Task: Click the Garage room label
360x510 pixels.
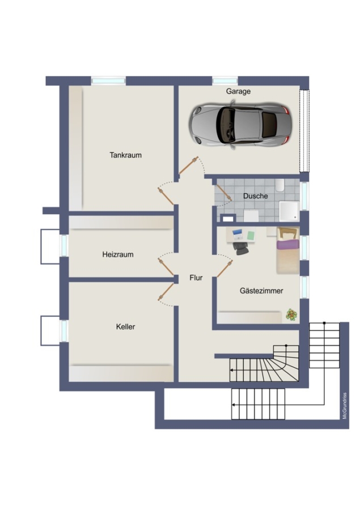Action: pyautogui.click(x=238, y=91)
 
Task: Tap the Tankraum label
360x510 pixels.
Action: pyautogui.click(x=126, y=155)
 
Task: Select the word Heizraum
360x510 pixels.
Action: pyautogui.click(x=118, y=254)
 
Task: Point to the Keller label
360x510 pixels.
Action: pyautogui.click(x=125, y=326)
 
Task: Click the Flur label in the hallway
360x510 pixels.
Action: pyautogui.click(x=196, y=278)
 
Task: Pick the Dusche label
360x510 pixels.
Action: pyautogui.click(x=256, y=196)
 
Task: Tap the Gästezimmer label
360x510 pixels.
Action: pyautogui.click(x=261, y=291)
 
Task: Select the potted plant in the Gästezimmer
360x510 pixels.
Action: pyautogui.click(x=291, y=314)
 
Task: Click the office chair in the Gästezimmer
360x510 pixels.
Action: pyautogui.click(x=240, y=248)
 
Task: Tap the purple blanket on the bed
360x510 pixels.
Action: pyautogui.click(x=288, y=245)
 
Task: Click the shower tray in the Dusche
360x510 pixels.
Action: pyautogui.click(x=289, y=211)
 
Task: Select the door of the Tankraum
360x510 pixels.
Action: pyautogui.click(x=166, y=196)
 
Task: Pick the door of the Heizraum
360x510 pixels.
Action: pyautogui.click(x=166, y=267)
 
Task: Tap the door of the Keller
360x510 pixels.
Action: pyautogui.click(x=166, y=292)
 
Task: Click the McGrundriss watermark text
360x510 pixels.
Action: pyautogui.click(x=345, y=406)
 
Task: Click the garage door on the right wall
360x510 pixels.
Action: pyautogui.click(x=304, y=131)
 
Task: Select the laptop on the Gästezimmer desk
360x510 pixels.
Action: pyautogui.click(x=238, y=233)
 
